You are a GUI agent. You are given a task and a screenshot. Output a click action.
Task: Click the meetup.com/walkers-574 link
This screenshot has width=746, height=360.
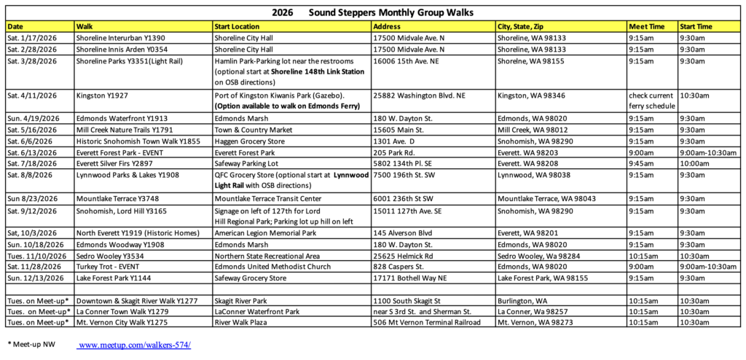pos(134,345)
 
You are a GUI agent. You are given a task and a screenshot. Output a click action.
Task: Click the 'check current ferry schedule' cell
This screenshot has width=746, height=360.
pos(651,100)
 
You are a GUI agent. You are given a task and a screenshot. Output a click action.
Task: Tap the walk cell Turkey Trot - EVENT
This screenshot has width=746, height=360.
pos(109,267)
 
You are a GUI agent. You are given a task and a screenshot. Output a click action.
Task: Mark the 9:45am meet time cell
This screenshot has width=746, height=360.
pos(640,165)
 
